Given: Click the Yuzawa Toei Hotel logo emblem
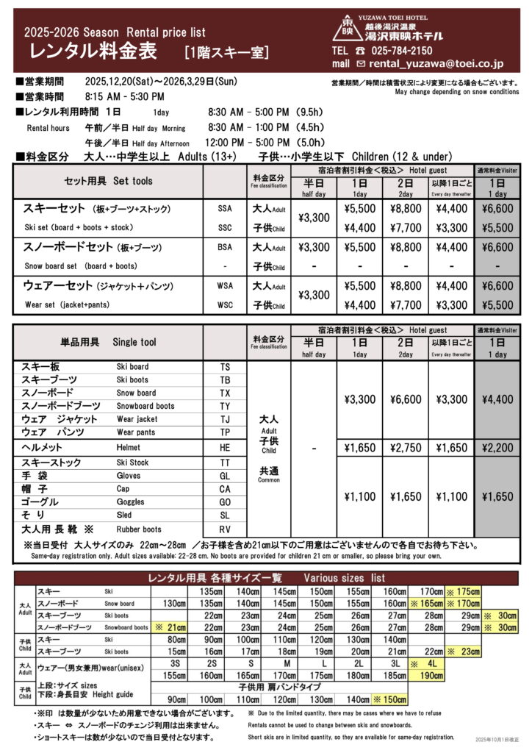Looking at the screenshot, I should (x=348, y=29).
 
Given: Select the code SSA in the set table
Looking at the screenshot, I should (x=224, y=208).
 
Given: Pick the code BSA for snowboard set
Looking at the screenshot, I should (x=224, y=247).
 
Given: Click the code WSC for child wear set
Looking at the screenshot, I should (x=224, y=304).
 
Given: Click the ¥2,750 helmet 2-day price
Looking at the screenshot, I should (x=406, y=447).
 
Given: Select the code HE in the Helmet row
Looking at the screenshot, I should (x=225, y=447).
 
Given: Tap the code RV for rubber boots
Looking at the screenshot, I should (x=225, y=529).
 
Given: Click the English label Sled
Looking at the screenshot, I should (x=124, y=515).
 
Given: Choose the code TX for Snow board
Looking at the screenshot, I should (x=225, y=393).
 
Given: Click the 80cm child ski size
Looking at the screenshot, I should (x=176, y=640).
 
